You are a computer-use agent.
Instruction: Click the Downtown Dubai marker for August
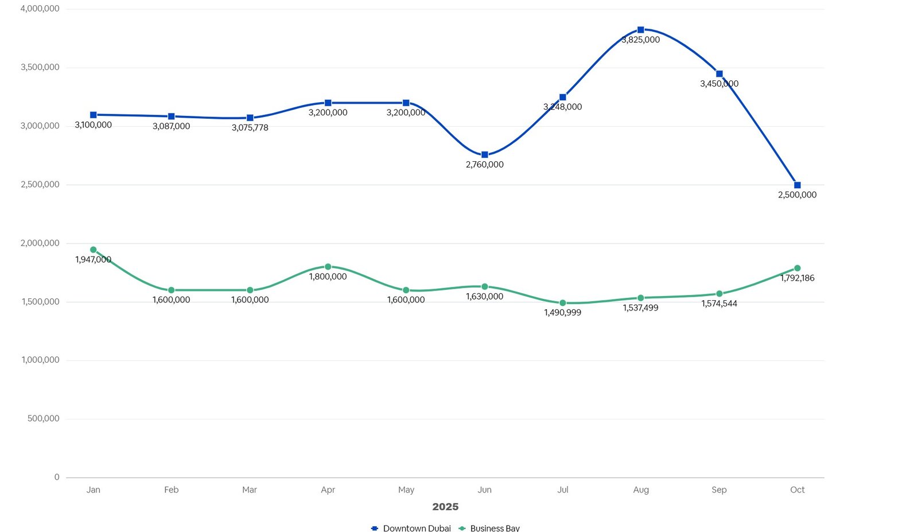641,30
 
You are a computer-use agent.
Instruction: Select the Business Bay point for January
94,250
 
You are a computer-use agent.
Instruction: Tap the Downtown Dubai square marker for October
798,185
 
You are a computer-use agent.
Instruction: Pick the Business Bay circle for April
328,267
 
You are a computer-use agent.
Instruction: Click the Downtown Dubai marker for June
485,155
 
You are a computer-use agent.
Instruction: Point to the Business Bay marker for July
563,303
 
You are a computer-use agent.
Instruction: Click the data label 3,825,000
641,40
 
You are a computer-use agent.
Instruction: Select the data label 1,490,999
563,313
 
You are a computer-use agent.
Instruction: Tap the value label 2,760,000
485,165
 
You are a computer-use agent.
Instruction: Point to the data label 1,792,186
798,278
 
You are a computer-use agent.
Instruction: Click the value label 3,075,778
250,127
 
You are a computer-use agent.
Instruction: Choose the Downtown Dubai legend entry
411,528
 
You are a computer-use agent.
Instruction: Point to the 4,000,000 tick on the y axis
40,9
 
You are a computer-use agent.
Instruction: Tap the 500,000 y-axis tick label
43,419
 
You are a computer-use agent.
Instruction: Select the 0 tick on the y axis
57,477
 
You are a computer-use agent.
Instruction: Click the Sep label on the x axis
719,490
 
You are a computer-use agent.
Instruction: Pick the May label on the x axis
406,490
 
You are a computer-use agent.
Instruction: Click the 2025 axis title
445,507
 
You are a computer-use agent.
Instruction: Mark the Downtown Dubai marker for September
719,74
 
